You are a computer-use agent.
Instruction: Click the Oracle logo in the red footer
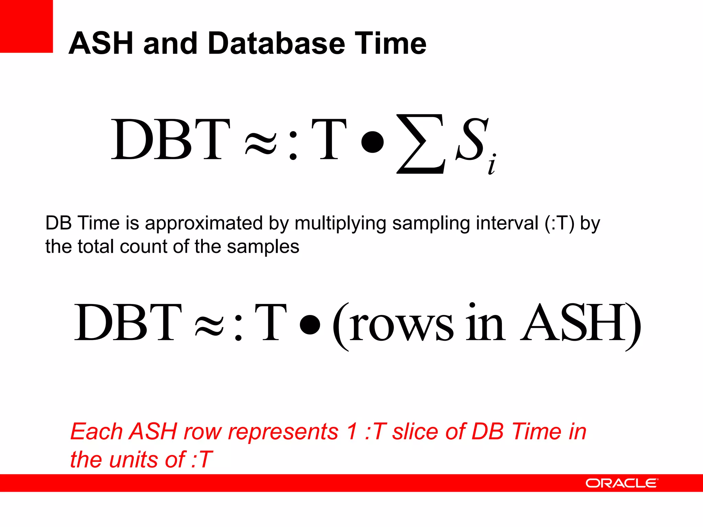[x=622, y=483]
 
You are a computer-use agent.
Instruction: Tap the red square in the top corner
[x=26, y=26]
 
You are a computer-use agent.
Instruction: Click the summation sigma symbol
[x=421, y=144]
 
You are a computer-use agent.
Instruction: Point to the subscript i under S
[x=492, y=165]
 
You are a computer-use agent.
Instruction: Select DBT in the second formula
[x=128, y=323]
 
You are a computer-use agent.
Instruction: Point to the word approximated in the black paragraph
[x=204, y=224]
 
